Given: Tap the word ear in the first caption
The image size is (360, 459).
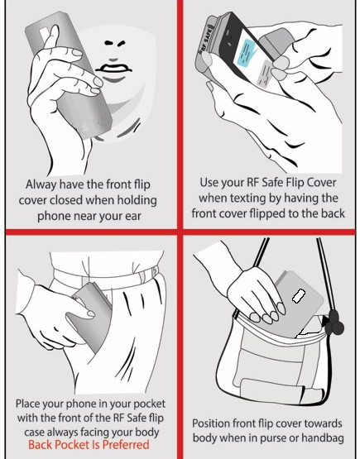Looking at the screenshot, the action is (132, 217).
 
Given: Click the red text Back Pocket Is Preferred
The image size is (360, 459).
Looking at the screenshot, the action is (89, 445).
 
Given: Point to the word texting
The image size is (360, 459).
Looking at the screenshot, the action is (248, 198).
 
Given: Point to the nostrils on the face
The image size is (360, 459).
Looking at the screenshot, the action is (115, 44).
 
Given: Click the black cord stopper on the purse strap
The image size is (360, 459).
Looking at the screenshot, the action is (334, 323).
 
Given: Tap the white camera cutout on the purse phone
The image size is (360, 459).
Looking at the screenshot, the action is (299, 295).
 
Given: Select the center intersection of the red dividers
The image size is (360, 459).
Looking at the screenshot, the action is (180, 232).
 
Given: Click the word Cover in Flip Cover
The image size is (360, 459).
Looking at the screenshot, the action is (322, 183).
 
